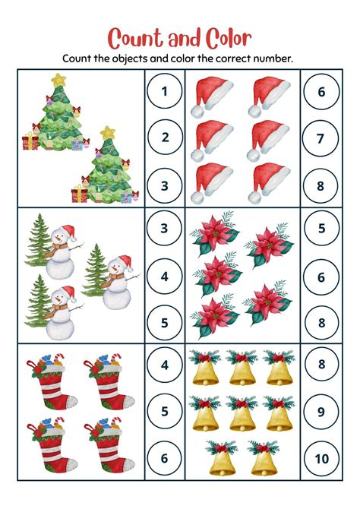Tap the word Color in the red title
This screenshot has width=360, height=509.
click(223, 37)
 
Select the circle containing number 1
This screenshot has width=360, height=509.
click(165, 93)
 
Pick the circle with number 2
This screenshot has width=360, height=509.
click(165, 138)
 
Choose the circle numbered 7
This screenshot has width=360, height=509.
click(321, 138)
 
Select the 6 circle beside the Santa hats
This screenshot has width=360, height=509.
click(321, 93)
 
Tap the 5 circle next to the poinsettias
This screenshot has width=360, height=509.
click(321, 229)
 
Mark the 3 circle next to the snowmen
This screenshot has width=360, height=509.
click(165, 229)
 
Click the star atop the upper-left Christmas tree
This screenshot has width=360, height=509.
click(58, 78)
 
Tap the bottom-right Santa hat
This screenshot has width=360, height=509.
click(269, 181)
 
